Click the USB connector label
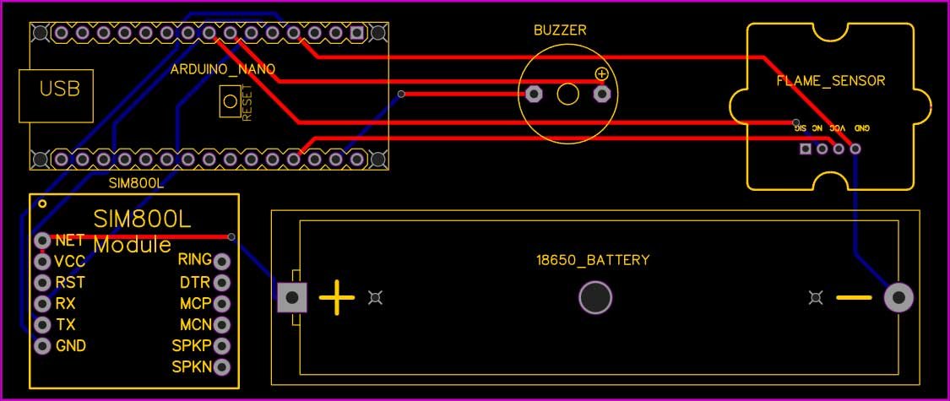(60, 88)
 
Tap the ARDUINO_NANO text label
(223, 69)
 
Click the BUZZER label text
(559, 30)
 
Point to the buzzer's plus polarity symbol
(601, 74)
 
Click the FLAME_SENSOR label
(830, 81)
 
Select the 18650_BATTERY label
(594, 260)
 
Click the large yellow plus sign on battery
(337, 298)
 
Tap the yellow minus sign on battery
(854, 298)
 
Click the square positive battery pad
(292, 297)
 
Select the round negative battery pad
(898, 297)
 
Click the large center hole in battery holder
(594, 297)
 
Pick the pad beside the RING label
(222, 261)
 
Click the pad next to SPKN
(222, 367)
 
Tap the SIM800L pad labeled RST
(42, 282)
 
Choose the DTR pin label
(194, 282)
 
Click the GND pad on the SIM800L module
(42, 345)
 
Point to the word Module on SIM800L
(133, 246)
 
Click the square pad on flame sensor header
(806, 149)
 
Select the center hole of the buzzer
(567, 95)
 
